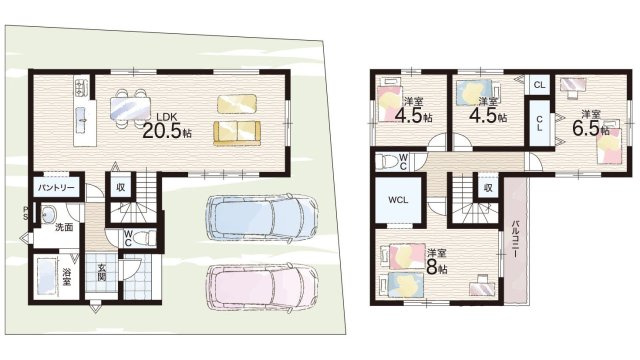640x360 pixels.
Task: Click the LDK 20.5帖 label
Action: (x=167, y=125)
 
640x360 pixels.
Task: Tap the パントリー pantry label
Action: (x=56, y=188)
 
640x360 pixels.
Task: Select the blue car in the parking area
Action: (x=261, y=217)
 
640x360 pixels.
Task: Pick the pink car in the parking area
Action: (x=261, y=286)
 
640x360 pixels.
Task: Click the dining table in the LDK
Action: (x=130, y=109)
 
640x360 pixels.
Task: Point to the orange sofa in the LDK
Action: (x=237, y=133)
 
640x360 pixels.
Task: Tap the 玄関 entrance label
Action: (x=102, y=273)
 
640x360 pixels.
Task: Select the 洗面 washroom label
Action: (x=64, y=227)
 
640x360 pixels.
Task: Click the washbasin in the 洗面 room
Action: (x=50, y=213)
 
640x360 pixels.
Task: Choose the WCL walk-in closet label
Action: (x=398, y=200)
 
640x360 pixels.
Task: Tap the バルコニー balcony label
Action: (x=515, y=238)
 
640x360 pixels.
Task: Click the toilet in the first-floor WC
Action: (x=145, y=237)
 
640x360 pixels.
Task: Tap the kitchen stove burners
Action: (x=80, y=87)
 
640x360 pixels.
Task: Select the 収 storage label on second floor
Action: (x=488, y=188)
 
